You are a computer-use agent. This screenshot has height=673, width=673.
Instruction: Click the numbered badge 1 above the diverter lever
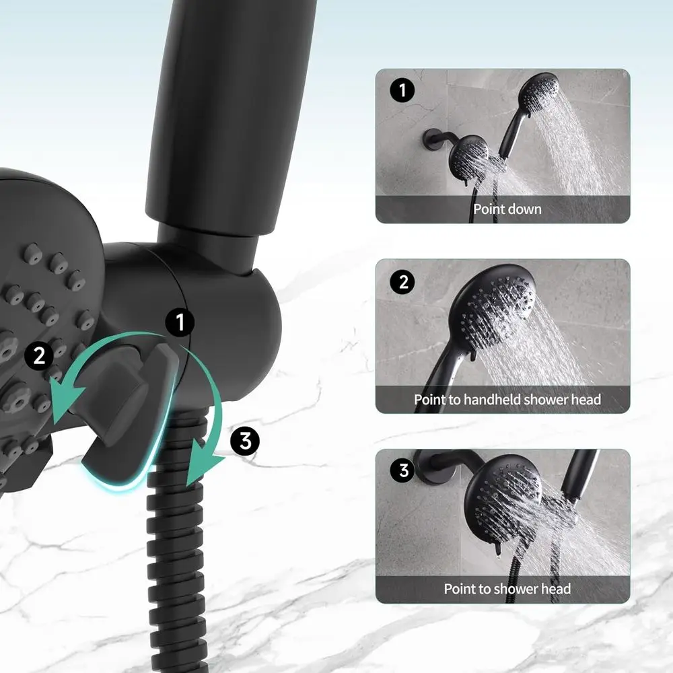click(x=180, y=323)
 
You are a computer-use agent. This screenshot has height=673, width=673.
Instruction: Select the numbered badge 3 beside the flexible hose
click(x=244, y=441)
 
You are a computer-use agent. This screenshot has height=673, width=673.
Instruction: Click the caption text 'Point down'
click(x=507, y=209)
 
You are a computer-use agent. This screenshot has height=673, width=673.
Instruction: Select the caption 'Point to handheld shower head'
click(x=507, y=399)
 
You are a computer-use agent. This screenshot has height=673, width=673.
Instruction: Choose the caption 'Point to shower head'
click(x=507, y=589)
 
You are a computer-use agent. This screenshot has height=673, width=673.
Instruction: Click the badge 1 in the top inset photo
click(x=402, y=90)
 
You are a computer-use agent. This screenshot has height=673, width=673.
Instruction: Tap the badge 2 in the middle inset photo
click(x=402, y=281)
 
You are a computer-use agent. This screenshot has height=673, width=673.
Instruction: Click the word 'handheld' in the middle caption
click(x=487, y=399)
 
